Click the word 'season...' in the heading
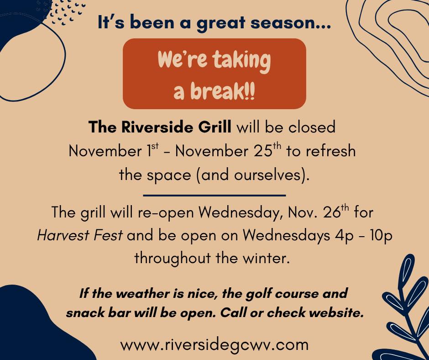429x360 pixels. pos(291,23)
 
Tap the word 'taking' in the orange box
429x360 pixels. pos(241,61)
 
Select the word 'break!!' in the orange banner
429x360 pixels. pos(223,91)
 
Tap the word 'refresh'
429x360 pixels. pos(330,151)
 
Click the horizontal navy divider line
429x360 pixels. pos(214,196)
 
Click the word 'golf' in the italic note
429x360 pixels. pos(259,294)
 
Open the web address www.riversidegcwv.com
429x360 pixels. pos(214,344)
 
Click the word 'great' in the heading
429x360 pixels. pos(220,23)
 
